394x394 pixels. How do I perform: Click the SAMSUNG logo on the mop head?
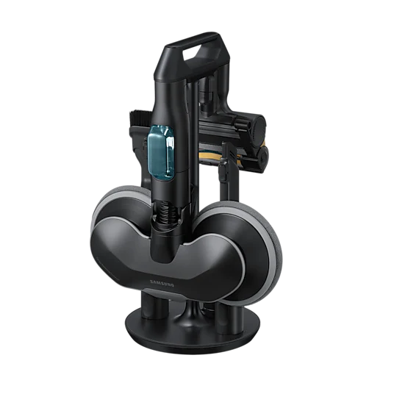(x=162, y=284)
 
